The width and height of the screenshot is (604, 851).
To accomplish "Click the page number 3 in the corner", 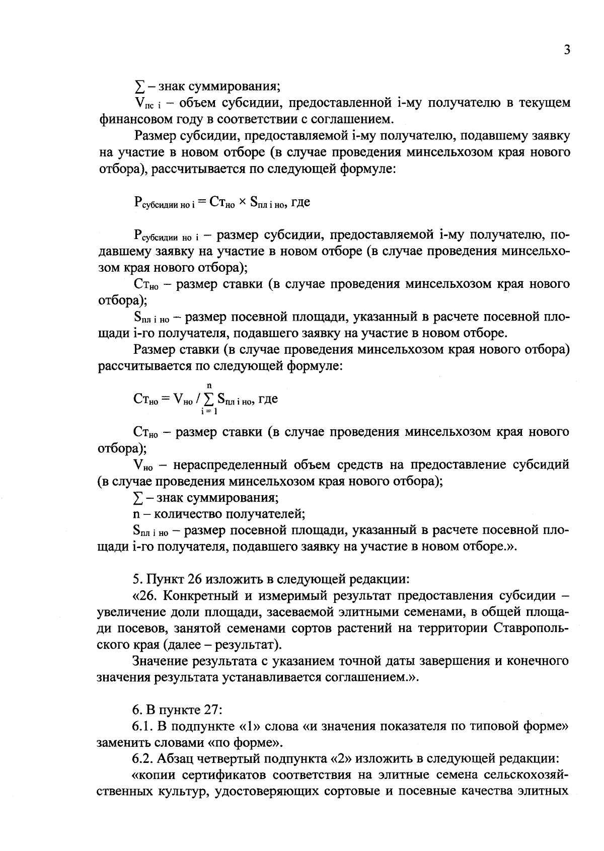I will [x=566, y=50].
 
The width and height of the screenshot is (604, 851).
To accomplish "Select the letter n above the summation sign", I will [x=209, y=385].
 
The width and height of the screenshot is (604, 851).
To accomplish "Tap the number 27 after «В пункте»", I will [x=212, y=710].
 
